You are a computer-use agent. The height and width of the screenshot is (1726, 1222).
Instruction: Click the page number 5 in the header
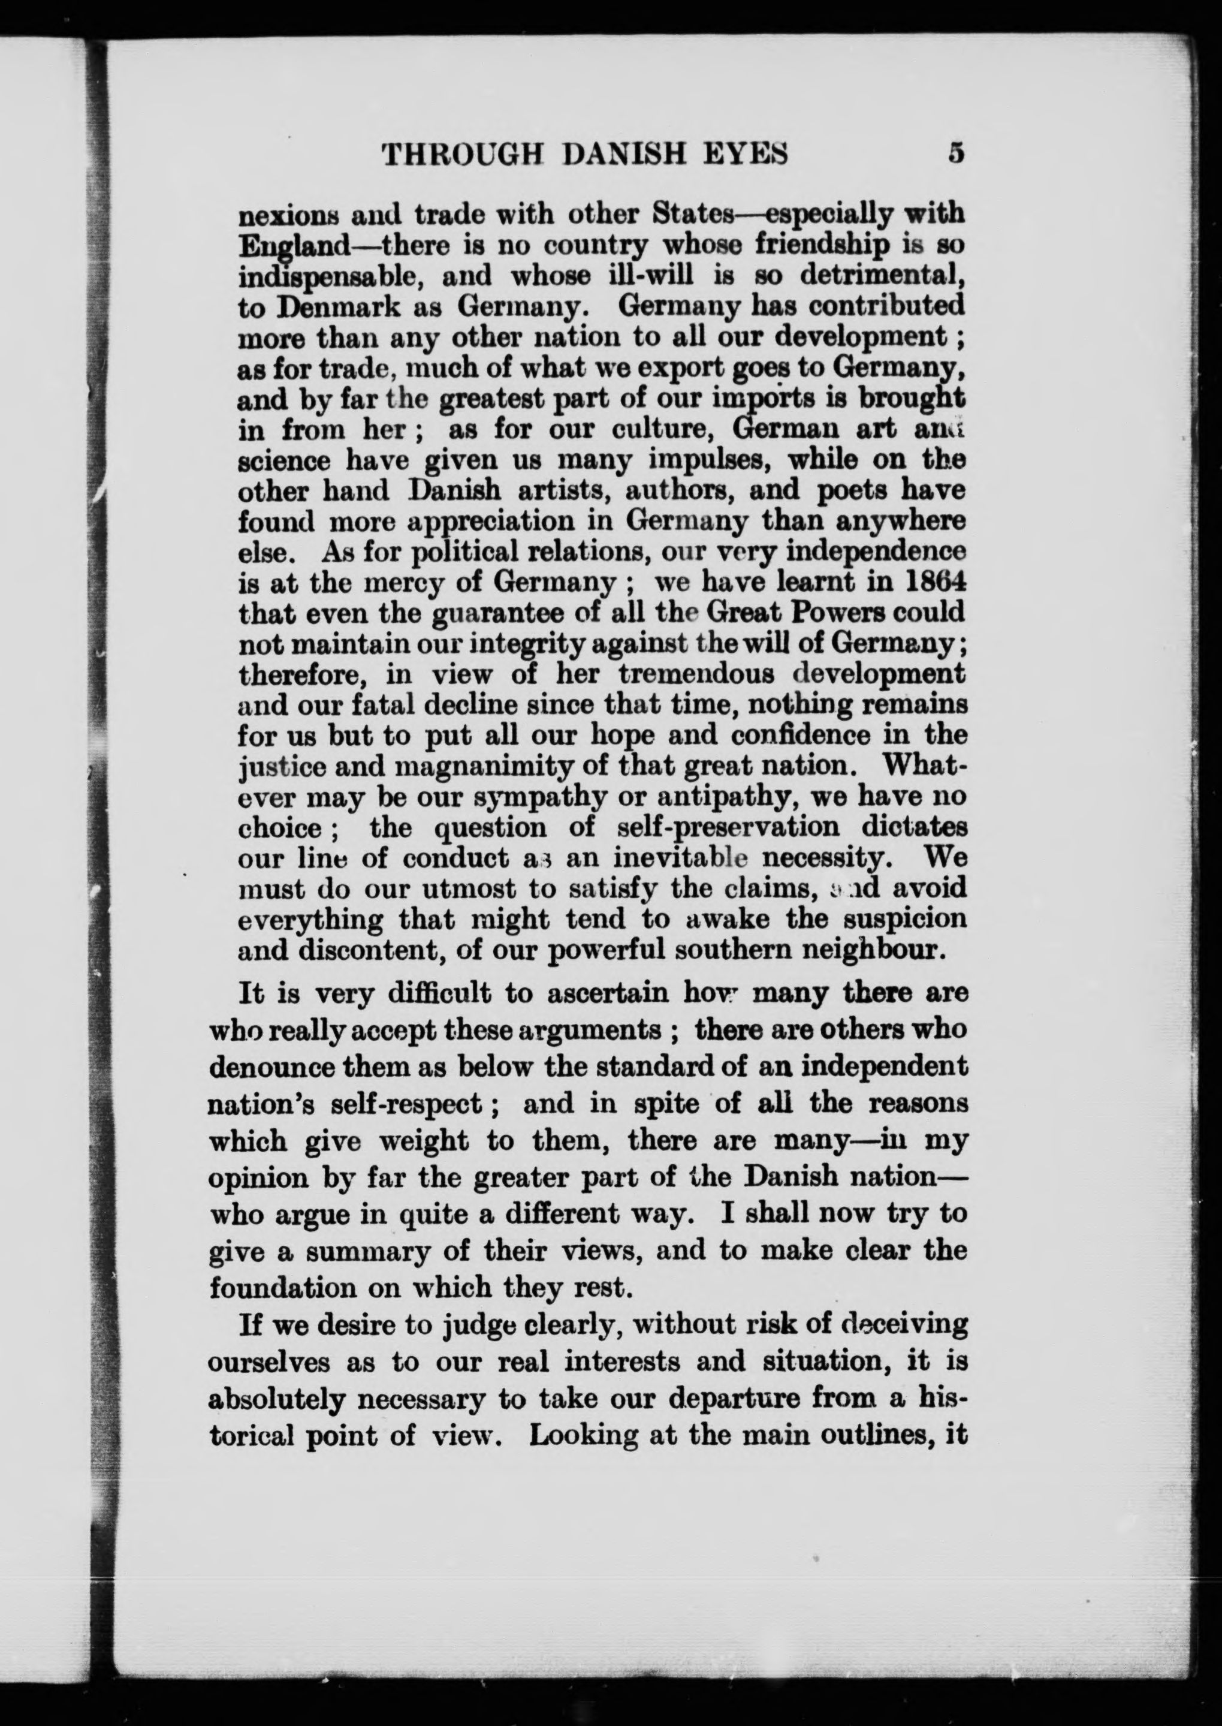click(956, 153)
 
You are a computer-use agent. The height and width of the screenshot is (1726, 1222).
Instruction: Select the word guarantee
click(494, 613)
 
